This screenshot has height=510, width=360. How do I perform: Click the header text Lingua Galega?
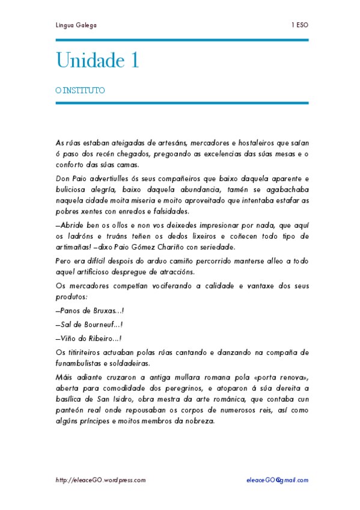76,25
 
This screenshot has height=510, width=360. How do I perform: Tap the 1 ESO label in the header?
300,25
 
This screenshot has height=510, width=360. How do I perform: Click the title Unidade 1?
97,60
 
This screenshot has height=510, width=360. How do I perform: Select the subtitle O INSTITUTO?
80,91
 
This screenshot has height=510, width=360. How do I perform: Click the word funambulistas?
81,363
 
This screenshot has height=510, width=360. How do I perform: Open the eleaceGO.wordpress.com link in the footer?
100,480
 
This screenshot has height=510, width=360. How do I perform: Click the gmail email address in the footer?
277,480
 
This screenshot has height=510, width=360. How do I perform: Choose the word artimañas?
74,247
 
